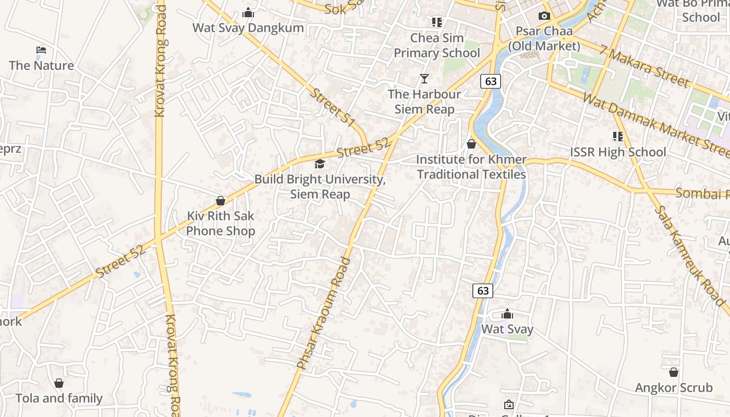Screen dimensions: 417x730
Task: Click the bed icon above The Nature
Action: click(x=41, y=50)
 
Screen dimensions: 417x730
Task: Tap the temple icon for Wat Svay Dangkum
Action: click(x=248, y=13)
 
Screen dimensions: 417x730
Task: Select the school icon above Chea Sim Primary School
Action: click(x=437, y=22)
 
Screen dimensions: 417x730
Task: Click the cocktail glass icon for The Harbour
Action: click(x=424, y=79)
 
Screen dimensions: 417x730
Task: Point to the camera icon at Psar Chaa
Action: click(x=544, y=16)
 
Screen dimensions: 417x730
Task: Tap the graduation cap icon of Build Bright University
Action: click(x=320, y=164)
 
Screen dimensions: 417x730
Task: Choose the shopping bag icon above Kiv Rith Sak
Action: click(x=221, y=201)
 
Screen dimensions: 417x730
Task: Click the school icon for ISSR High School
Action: click(x=618, y=137)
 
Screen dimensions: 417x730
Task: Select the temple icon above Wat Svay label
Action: click(x=507, y=314)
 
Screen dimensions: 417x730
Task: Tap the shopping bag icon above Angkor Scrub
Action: click(x=674, y=372)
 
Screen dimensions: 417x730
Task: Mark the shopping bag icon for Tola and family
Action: click(x=59, y=383)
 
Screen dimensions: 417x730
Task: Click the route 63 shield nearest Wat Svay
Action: click(x=483, y=290)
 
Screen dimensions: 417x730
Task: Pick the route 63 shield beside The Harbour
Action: click(x=491, y=81)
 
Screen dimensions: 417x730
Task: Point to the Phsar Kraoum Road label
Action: click(x=324, y=313)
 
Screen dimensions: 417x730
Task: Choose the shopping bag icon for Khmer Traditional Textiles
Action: click(x=471, y=144)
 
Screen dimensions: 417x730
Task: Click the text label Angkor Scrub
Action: click(x=674, y=388)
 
